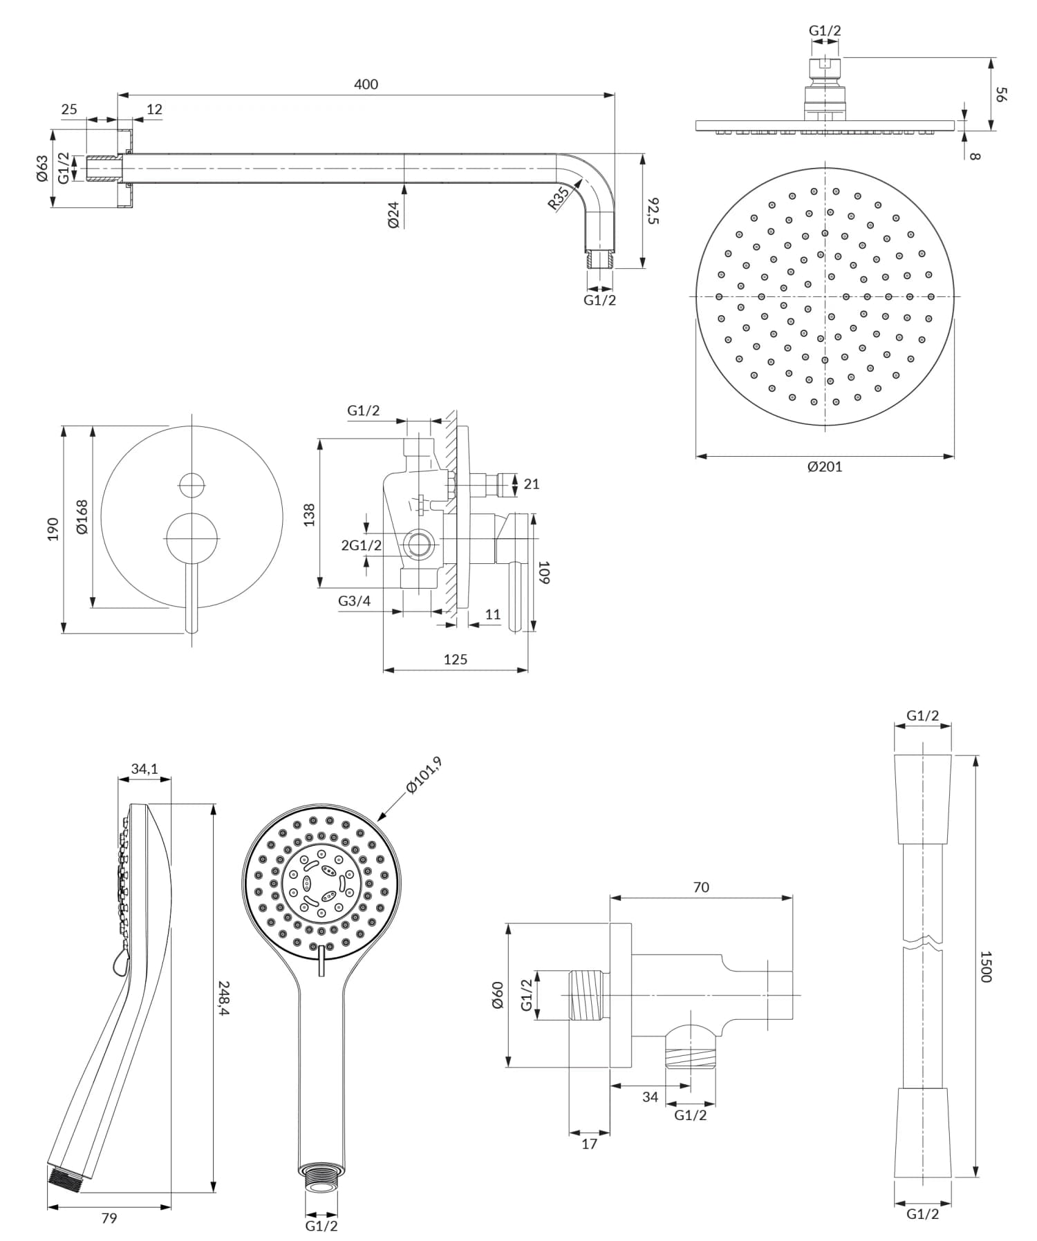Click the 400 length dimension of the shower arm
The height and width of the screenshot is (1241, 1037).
pos(366,84)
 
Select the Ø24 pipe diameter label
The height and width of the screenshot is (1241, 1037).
pos(394,215)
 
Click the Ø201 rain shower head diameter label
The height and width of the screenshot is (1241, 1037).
pos(825,466)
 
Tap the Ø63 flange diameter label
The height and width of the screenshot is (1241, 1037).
pos(43,168)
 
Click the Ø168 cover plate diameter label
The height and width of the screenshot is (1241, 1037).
pos(82,517)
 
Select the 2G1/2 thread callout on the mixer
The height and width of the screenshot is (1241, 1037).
pos(361,545)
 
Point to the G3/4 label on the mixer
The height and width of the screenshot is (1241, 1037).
pos(354,601)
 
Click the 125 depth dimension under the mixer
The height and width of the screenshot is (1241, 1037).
pos(455,659)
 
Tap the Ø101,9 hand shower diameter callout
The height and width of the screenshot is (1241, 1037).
pos(423,776)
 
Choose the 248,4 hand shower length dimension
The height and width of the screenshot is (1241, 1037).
pos(224,998)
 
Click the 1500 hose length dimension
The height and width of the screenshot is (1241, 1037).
pos(986,966)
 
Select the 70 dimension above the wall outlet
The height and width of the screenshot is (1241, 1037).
pos(700,887)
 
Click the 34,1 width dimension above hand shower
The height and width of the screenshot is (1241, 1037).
pos(144,768)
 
